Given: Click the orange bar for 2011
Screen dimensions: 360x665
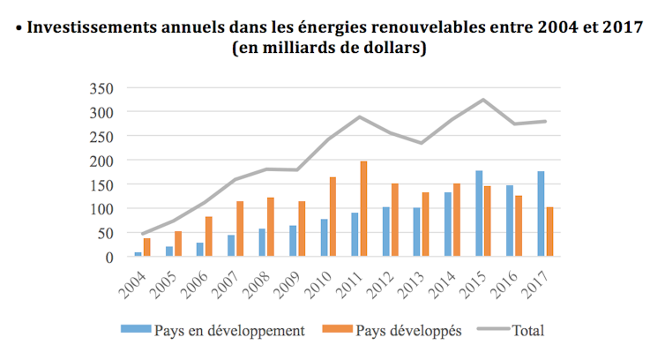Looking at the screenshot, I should (x=363, y=209).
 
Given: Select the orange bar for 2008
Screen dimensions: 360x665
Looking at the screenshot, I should (x=269, y=228).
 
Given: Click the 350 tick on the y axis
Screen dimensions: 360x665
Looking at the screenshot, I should (x=102, y=88).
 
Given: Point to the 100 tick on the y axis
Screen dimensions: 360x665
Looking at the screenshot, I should (x=102, y=209).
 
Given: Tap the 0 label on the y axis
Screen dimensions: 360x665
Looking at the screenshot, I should (x=109, y=258).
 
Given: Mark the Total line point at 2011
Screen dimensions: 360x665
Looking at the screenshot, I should (x=359, y=116).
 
